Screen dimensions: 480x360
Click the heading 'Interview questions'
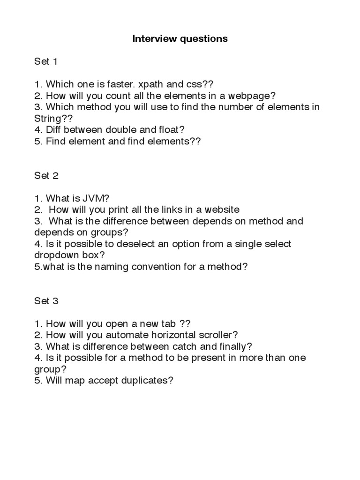pyautogui.click(x=180, y=39)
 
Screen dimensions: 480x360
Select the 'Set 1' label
pyautogui.click(x=46, y=61)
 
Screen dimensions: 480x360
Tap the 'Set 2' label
pyautogui.click(x=46, y=175)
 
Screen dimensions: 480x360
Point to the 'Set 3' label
pyautogui.click(x=46, y=301)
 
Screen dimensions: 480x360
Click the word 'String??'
pyautogui.click(x=50, y=119)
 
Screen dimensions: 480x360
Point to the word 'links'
pyautogui.click(x=173, y=210)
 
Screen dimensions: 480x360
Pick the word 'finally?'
pyautogui.click(x=233, y=346)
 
